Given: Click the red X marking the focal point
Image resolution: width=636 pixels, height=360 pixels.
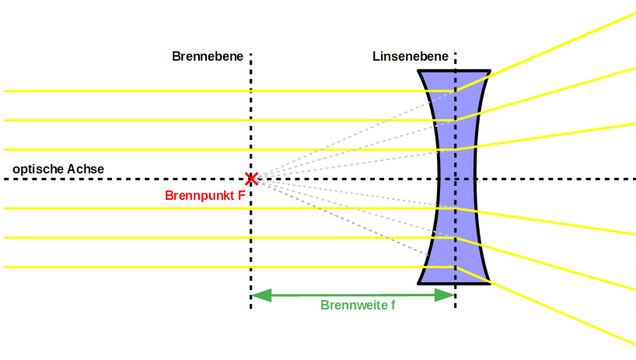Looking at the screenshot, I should (x=251, y=179).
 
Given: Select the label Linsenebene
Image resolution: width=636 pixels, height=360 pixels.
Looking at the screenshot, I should (x=410, y=57).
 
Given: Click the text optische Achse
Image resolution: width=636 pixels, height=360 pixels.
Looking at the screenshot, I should (x=58, y=169).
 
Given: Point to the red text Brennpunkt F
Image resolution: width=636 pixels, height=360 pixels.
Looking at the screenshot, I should (x=205, y=196).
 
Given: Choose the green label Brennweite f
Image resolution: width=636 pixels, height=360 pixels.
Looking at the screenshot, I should (x=358, y=306).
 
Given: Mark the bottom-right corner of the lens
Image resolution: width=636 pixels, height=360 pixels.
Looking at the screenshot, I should (x=489, y=283).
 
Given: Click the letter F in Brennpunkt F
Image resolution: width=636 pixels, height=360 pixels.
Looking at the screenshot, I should (x=242, y=196).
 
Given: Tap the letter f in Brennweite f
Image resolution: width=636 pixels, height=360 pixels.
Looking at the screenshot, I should (x=393, y=306).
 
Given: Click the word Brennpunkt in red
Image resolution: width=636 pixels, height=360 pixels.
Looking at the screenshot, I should (x=200, y=196).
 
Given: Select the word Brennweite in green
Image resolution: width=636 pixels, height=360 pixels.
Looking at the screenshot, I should (x=353, y=306).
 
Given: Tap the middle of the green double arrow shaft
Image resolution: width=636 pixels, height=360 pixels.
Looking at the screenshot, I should (x=353, y=295).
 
